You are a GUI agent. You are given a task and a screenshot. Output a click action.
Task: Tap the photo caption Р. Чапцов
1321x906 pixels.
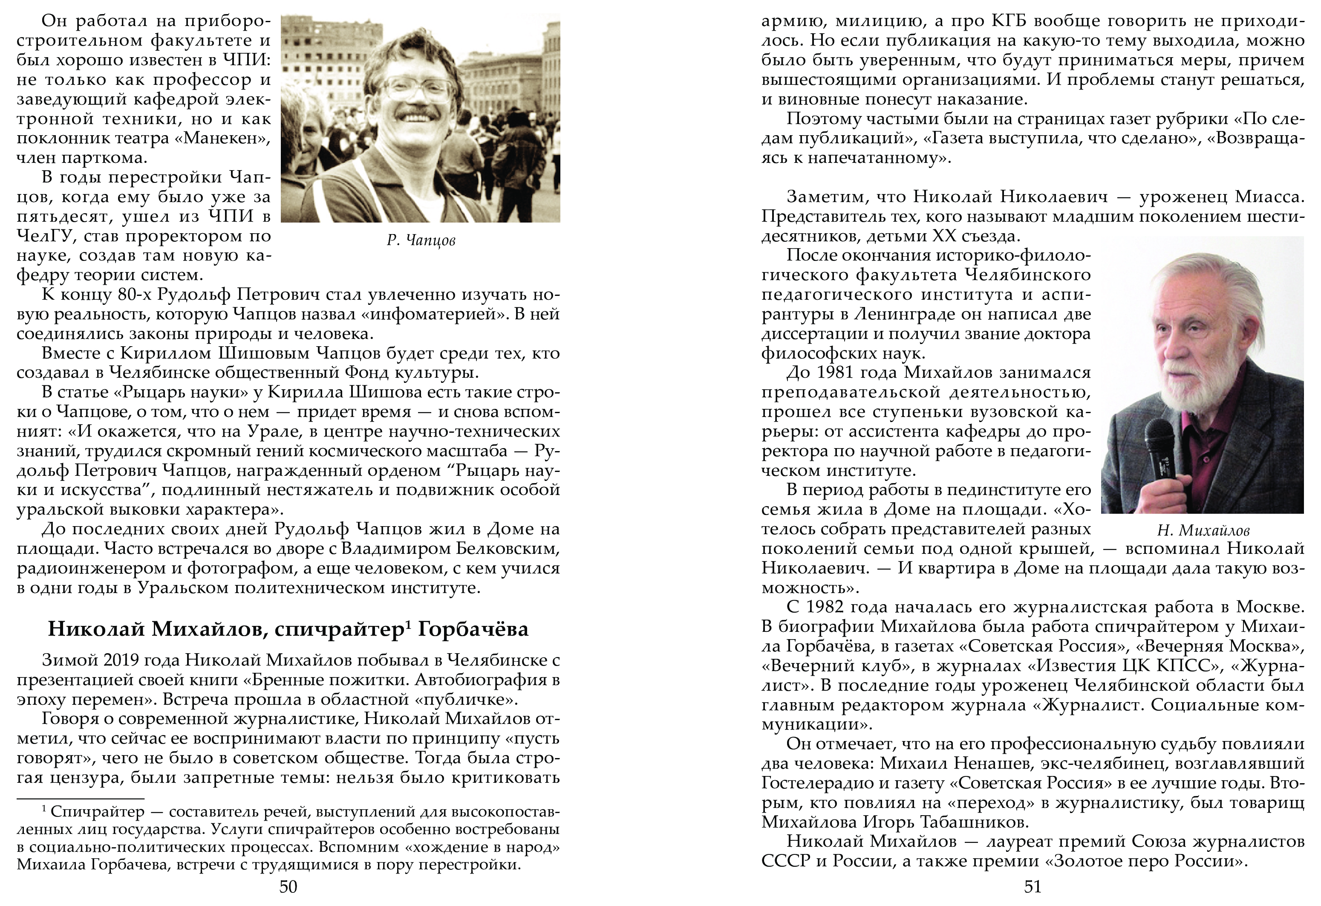421,240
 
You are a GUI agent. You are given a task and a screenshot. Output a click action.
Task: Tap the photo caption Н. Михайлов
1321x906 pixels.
1203,531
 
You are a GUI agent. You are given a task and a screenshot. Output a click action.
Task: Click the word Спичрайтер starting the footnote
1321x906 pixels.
97,812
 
